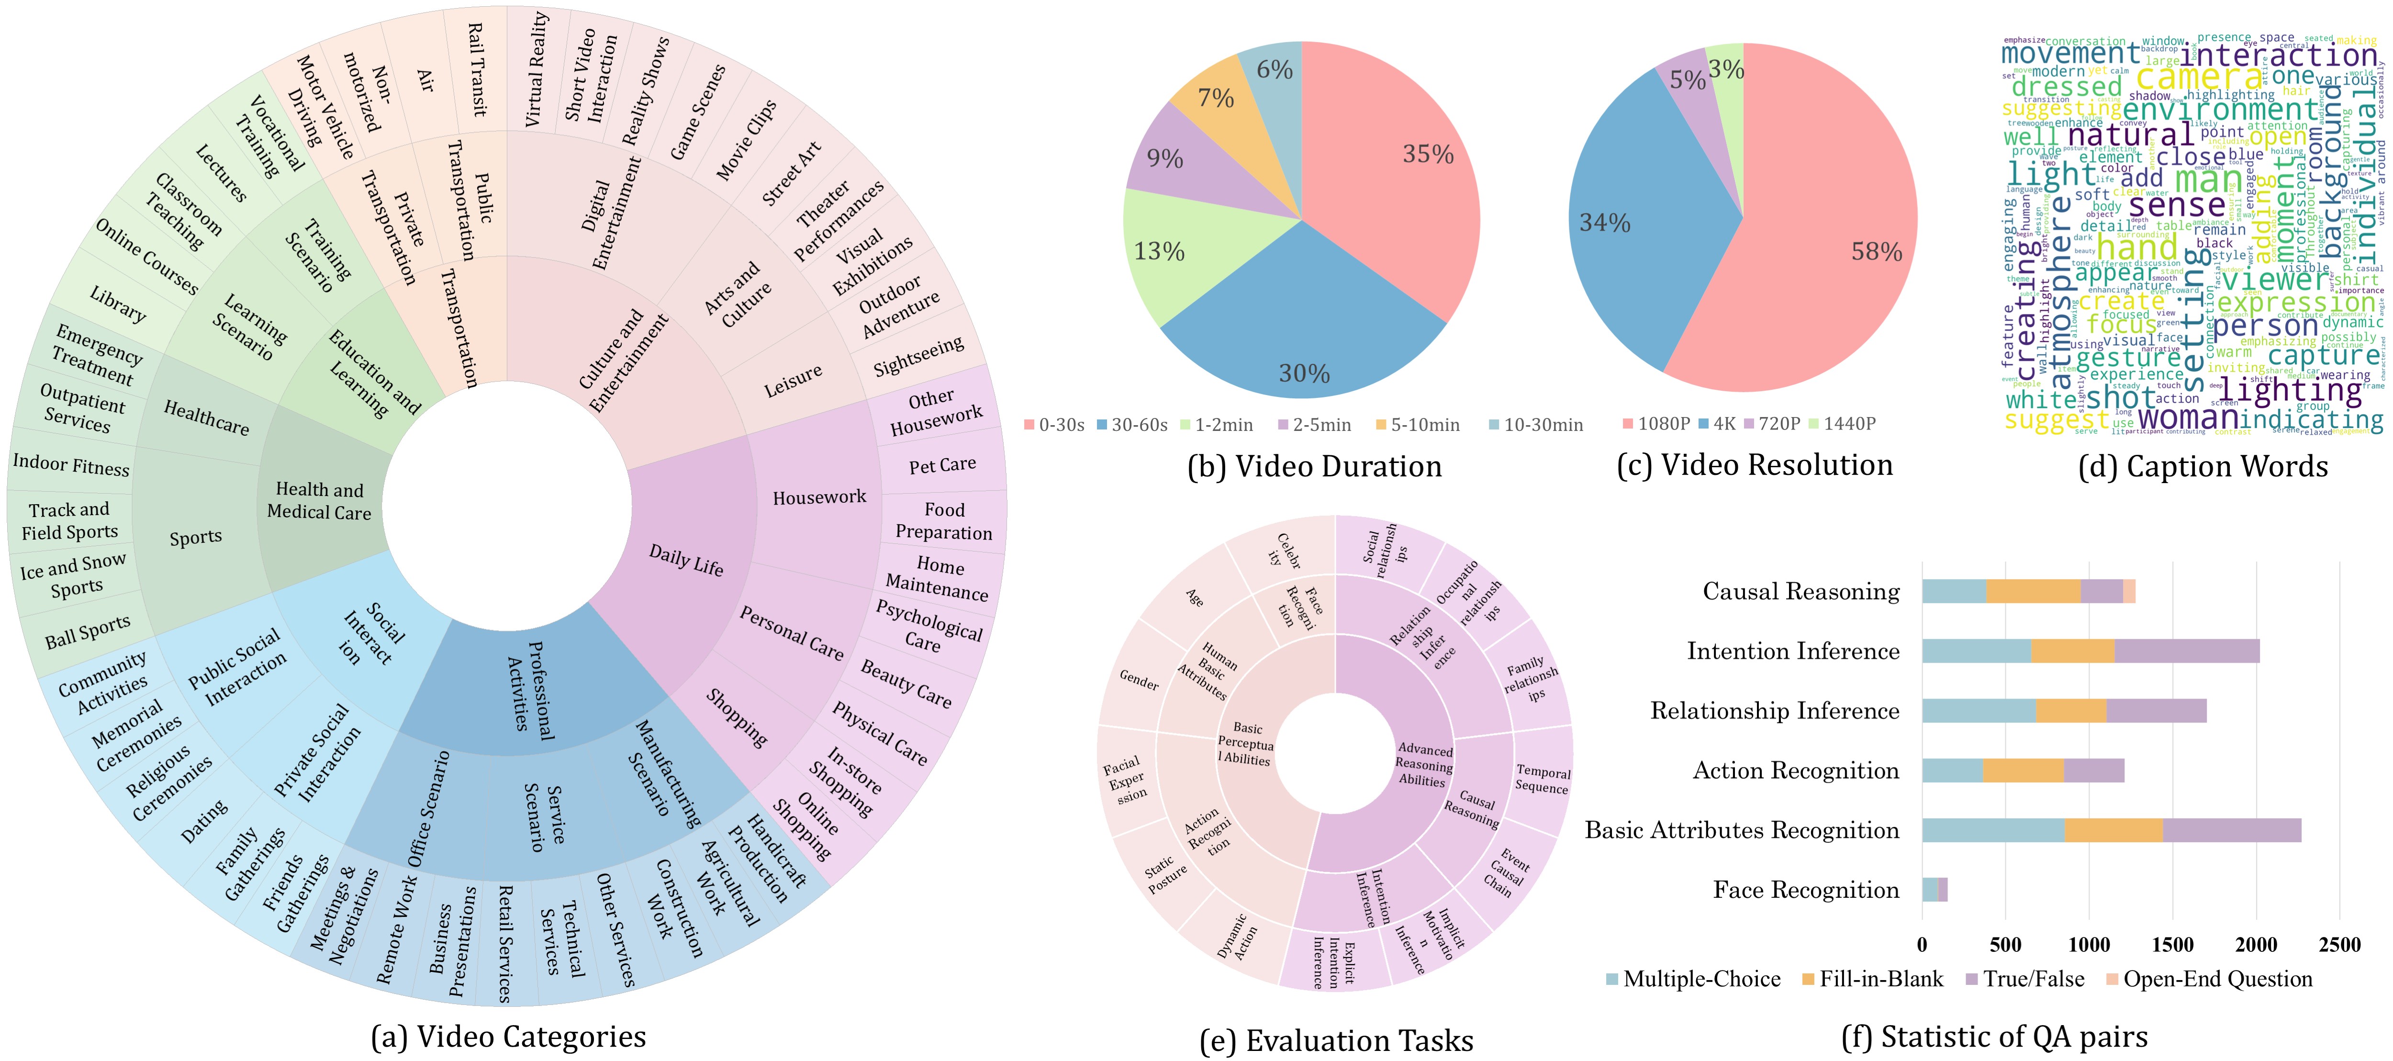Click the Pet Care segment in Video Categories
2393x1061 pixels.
pyautogui.click(x=942, y=464)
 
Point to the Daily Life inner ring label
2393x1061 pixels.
pyautogui.click(x=685, y=560)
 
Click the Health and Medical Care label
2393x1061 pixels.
pyautogui.click(x=319, y=501)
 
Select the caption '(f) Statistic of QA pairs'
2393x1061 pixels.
pyautogui.click(x=1994, y=1037)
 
